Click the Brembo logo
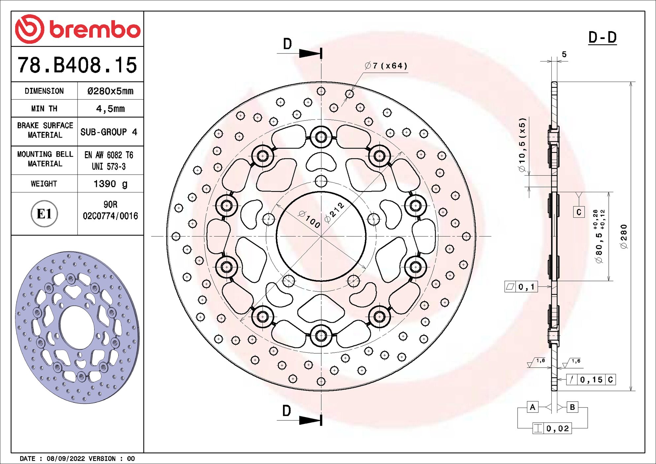pos(78,29)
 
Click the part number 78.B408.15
pos(77,65)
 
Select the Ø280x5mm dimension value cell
pos(110,91)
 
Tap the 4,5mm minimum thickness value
pos(110,109)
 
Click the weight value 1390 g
pos(110,184)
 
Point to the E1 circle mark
pos(44,214)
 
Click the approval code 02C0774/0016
pos(110,216)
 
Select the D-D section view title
pos(602,38)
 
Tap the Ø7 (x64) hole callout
pos(386,66)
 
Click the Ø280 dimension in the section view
pos(623,236)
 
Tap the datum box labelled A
pos(532,407)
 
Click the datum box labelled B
pos(572,407)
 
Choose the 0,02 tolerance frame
pos(552,428)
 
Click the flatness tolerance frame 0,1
pos(521,287)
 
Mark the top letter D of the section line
pos(287,44)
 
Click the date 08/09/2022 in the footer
pos(66,458)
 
